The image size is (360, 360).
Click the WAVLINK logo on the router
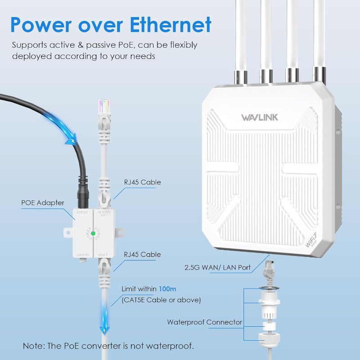[x=260, y=117]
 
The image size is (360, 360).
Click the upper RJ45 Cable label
[x=142, y=182]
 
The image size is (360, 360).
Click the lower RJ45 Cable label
[x=142, y=255]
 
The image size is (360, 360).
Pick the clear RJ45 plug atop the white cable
[x=104, y=106]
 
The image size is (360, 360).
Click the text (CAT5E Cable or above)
[x=161, y=300]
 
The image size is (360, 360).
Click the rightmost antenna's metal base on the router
[x=320, y=74]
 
